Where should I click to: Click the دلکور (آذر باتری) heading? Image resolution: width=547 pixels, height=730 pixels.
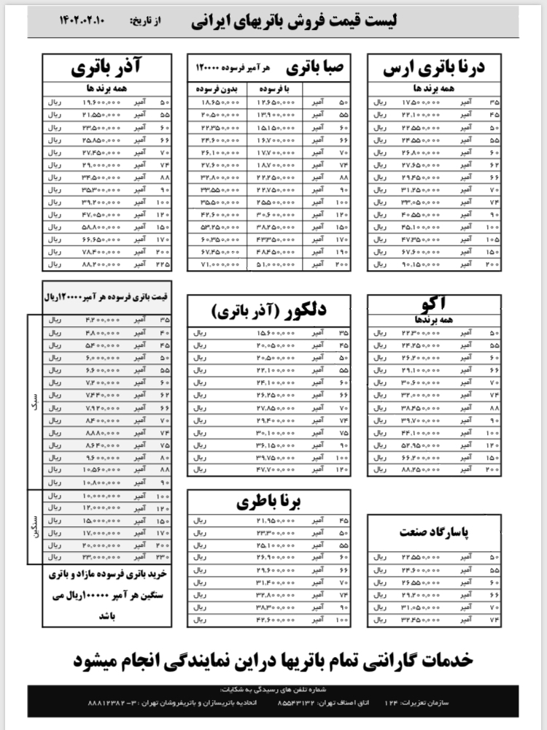coord(269,311)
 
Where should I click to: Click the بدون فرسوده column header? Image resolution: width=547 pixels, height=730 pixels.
coord(217,88)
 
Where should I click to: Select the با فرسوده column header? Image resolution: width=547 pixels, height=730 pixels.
coord(277,88)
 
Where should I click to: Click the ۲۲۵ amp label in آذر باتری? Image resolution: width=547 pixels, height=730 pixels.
coord(163,264)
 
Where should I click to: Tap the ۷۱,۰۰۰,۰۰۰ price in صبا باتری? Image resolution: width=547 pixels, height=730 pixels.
coord(217,264)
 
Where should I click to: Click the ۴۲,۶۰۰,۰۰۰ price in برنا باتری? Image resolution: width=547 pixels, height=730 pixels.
coord(275,620)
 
